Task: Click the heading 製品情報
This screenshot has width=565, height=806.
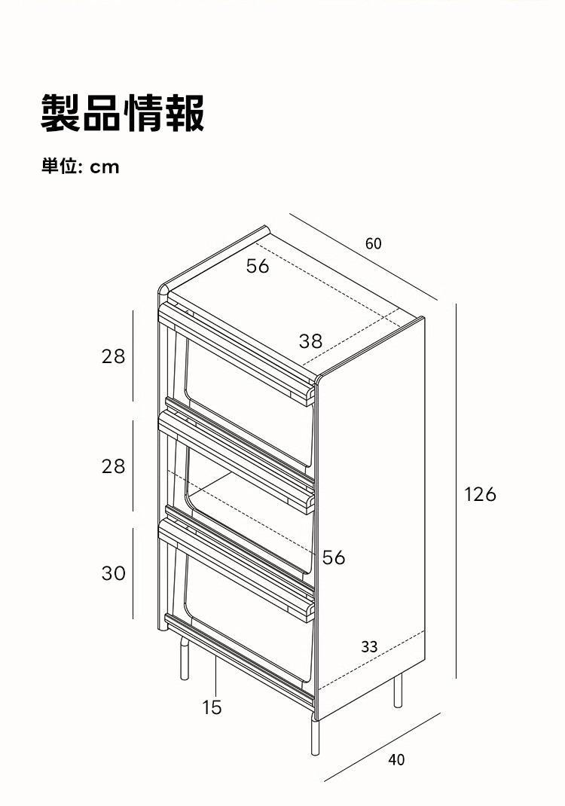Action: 123,114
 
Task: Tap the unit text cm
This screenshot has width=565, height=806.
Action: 105,166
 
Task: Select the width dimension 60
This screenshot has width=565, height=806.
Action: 374,243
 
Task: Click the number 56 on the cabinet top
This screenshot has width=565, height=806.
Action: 258,266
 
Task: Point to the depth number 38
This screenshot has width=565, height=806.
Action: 310,341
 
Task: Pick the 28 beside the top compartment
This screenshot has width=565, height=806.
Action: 113,356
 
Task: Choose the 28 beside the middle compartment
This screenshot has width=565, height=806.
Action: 113,466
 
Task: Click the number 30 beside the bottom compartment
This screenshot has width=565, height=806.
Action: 113,573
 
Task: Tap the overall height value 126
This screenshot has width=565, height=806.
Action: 480,494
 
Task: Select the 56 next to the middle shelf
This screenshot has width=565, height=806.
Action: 334,557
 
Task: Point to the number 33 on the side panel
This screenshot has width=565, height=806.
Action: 369,646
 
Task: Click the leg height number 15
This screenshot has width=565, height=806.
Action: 212,707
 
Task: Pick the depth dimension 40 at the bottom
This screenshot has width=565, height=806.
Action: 396,760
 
